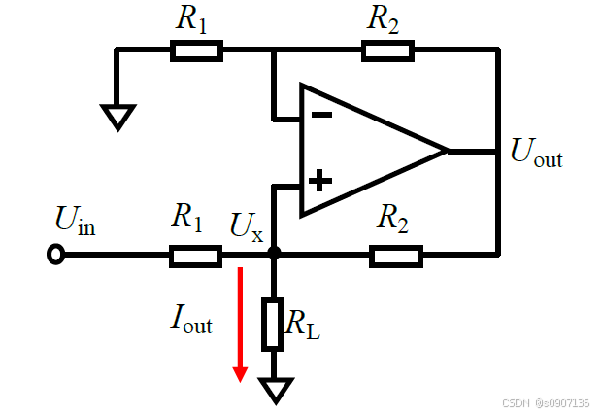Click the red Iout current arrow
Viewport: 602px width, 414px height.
[241, 325]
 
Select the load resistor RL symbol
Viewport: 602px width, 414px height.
[273, 324]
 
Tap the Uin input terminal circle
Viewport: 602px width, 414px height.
[56, 255]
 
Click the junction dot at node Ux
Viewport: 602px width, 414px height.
[274, 253]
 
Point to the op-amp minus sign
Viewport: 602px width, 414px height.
[321, 114]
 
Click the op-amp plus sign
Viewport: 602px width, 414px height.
[320, 181]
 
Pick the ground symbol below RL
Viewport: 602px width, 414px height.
[276, 391]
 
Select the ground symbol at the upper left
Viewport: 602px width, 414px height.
[118, 118]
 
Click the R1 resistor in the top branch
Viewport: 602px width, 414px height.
[196, 51]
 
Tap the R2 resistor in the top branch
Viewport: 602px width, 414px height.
[388, 51]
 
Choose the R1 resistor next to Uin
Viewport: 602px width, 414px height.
[196, 257]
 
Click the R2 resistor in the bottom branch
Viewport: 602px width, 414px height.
[396, 257]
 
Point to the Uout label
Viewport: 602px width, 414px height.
[536, 153]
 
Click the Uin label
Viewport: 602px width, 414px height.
[76, 221]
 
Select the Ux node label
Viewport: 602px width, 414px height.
[247, 227]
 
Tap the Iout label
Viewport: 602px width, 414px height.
[191, 319]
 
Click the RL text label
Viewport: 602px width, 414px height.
[303, 324]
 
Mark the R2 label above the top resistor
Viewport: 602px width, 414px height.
[383, 19]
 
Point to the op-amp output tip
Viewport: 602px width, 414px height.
[448, 151]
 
